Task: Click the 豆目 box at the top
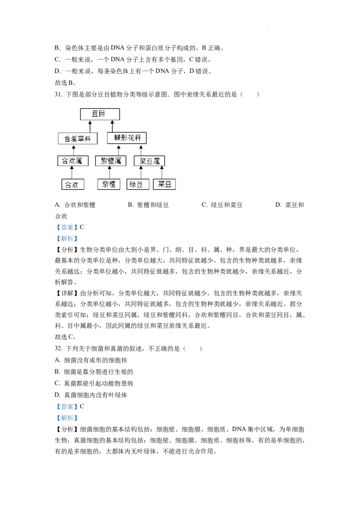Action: click(100, 114)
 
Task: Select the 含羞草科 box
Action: click(78, 138)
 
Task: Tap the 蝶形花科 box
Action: click(127, 138)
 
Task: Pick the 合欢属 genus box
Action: click(73, 161)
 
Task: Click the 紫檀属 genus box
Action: click(111, 161)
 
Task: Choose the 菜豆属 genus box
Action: click(149, 161)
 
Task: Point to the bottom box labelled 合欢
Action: click(73, 184)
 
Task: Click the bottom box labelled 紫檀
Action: click(109, 184)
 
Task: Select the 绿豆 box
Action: click(138, 184)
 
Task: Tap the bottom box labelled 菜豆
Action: click(164, 184)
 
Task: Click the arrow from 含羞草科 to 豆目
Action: click(90, 126)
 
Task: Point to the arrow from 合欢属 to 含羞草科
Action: click(73, 150)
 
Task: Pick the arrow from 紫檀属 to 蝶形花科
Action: click(119, 150)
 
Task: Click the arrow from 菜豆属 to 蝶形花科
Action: click(140, 150)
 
